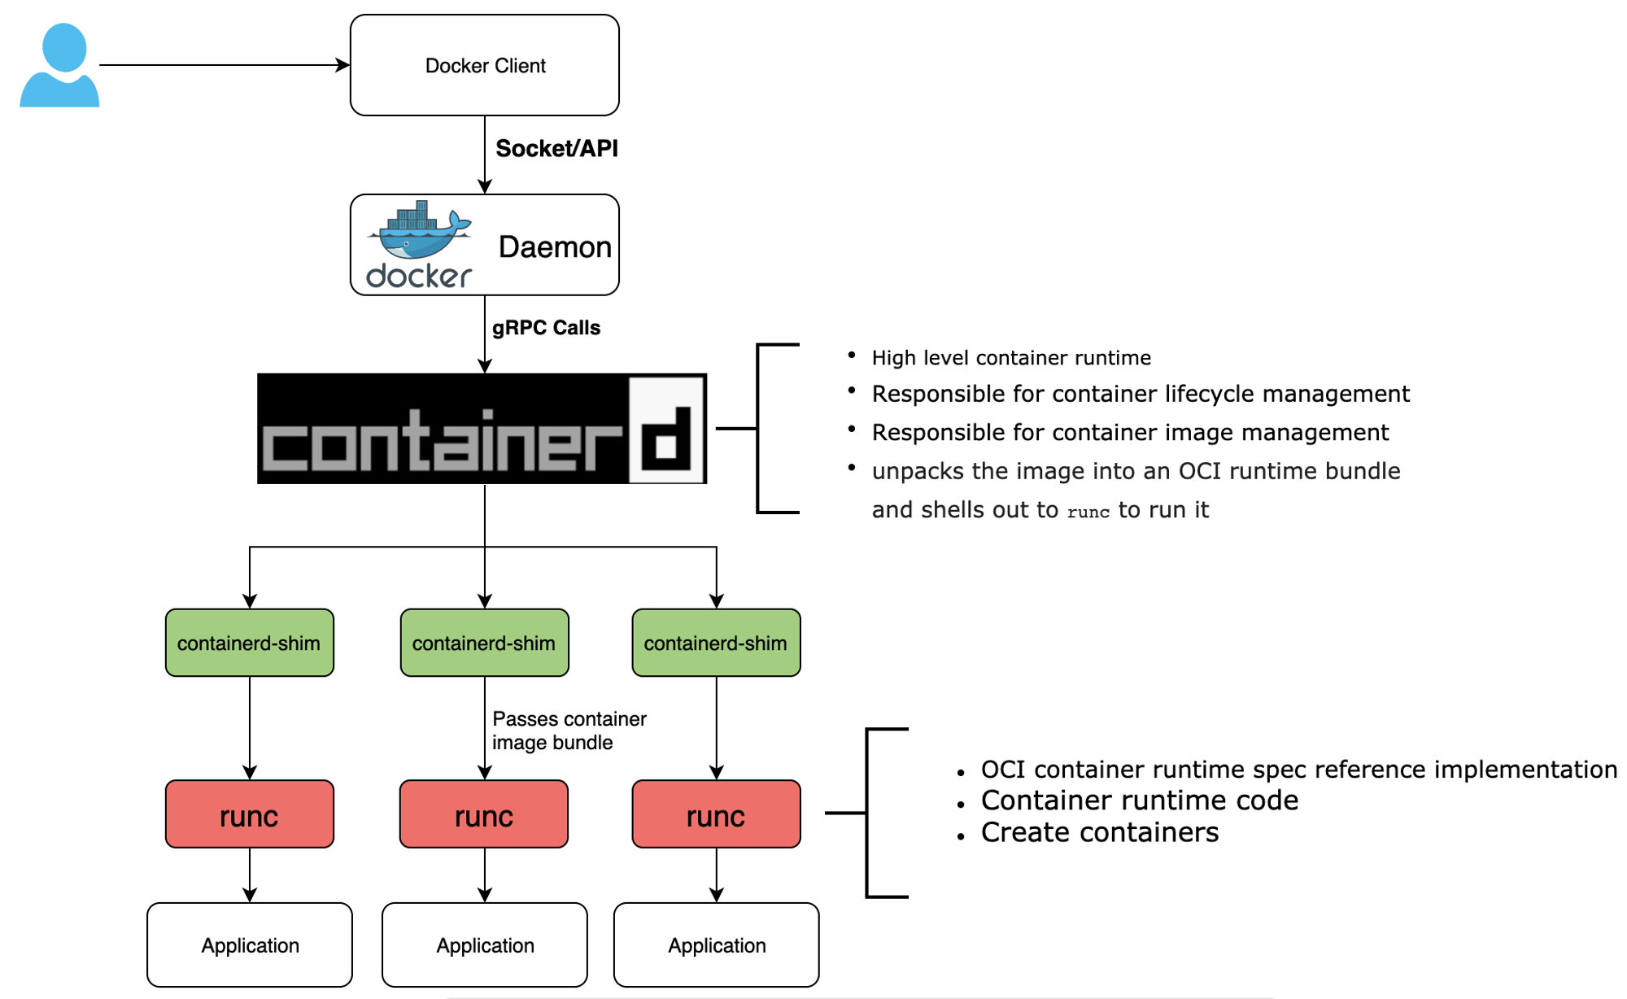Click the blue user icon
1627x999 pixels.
click(59, 65)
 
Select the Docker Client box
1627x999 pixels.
click(484, 65)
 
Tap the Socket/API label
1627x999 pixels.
click(556, 149)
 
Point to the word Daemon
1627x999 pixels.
click(555, 246)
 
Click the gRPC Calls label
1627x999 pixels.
click(546, 328)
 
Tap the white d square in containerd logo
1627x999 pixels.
click(666, 429)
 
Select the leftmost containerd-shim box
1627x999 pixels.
click(250, 643)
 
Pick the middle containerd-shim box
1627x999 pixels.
click(484, 643)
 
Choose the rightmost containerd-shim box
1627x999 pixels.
click(716, 643)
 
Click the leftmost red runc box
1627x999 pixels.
click(250, 814)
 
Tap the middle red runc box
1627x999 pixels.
click(484, 814)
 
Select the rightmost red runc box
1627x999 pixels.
click(716, 814)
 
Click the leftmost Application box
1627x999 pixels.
click(250, 945)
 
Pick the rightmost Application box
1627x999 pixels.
click(716, 945)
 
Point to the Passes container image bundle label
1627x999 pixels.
click(569, 731)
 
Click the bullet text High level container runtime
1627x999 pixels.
click(1011, 358)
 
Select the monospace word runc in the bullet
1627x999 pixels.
click(1088, 512)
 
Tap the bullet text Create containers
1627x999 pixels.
click(1100, 832)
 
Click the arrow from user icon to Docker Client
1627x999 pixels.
click(224, 65)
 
